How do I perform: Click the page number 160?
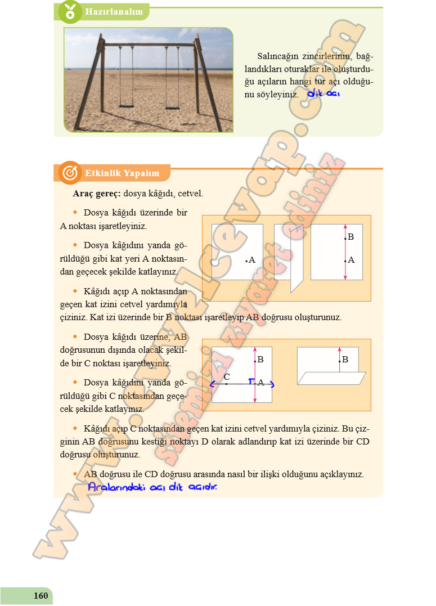tap(41, 596)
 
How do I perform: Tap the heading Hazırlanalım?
tap(113, 11)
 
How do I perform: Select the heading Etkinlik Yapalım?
tap(122, 173)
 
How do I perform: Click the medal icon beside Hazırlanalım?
tap(70, 11)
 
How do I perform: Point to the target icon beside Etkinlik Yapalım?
tap(70, 173)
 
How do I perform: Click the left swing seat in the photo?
tap(126, 105)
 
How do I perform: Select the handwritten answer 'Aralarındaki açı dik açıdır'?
tap(152, 487)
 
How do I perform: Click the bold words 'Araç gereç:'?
tap(97, 194)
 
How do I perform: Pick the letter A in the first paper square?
tap(251, 261)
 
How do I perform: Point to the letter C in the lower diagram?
tap(226, 376)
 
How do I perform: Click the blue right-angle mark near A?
tap(251, 381)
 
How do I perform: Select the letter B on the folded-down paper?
tap(345, 359)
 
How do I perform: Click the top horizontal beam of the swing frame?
tap(149, 44)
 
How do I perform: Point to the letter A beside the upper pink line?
tap(351, 260)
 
